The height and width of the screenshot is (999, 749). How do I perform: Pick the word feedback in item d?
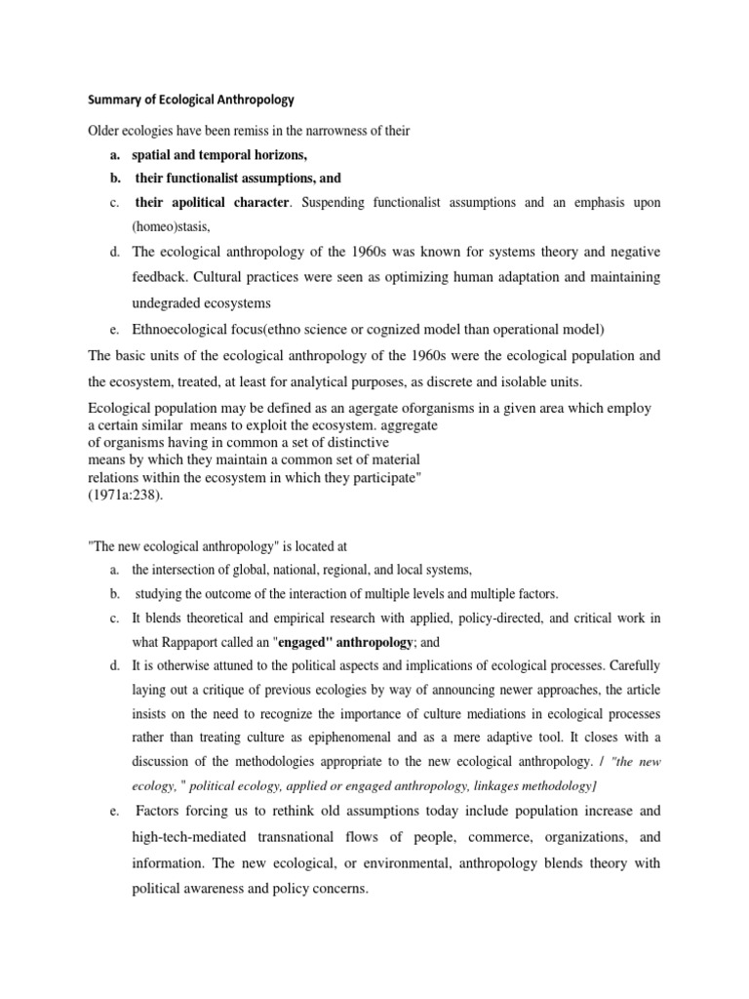(162, 277)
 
